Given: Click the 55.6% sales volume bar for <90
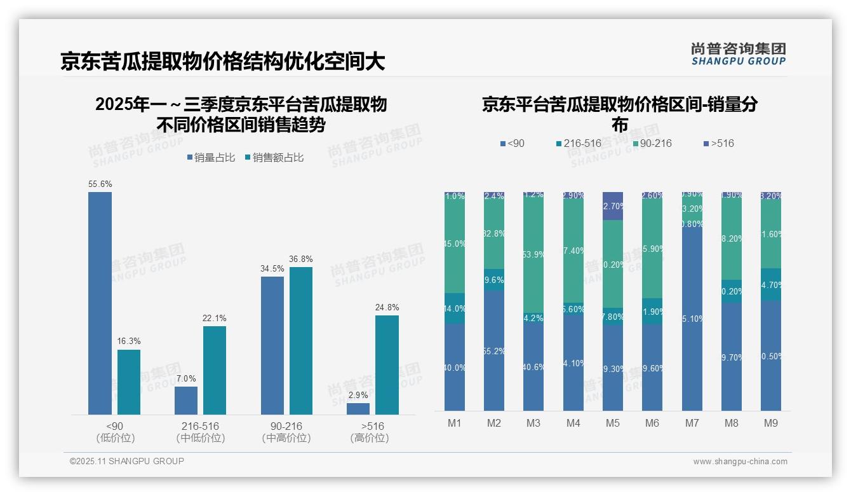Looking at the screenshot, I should pos(100,303).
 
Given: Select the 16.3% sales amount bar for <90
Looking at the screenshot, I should pos(129,382).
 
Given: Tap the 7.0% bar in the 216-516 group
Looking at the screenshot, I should pos(186,401).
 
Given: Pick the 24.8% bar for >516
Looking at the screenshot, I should pos(387,365).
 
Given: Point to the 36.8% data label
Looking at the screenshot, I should pos(301,259).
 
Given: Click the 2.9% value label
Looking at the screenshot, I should pos(358,396).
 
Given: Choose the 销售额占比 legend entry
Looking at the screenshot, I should pos(274,158).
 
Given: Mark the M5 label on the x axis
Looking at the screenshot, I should pos(612,423).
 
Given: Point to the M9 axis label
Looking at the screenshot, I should pos(770,423).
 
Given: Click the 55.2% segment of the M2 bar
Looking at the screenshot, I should pos(494,350).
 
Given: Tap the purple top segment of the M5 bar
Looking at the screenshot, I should pos(613,206).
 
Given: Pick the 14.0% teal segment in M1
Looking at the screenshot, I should pos(455,308).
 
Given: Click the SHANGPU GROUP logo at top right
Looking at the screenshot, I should pos(738,54).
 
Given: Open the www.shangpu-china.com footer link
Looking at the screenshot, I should pos(740,462).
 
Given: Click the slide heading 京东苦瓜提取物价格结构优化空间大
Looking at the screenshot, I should pos(223,62).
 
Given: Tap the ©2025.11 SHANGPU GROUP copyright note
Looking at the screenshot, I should pos(127,461).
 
